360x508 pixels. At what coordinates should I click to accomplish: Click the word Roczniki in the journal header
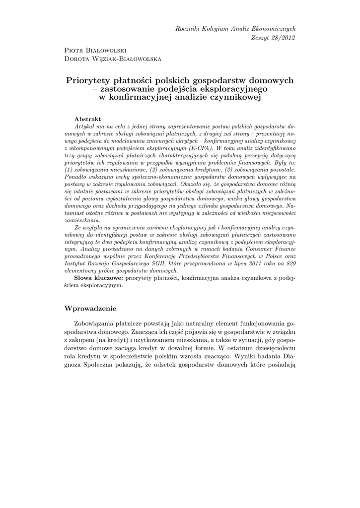pyautogui.click(x=187, y=29)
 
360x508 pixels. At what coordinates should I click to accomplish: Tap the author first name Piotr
pyautogui.click(x=74, y=51)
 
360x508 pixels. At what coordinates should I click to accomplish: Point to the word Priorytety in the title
pyautogui.click(x=88, y=80)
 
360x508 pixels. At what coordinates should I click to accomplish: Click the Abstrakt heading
pyautogui.click(x=87, y=119)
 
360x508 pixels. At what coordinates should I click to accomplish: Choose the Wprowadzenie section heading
pyautogui.click(x=90, y=309)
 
